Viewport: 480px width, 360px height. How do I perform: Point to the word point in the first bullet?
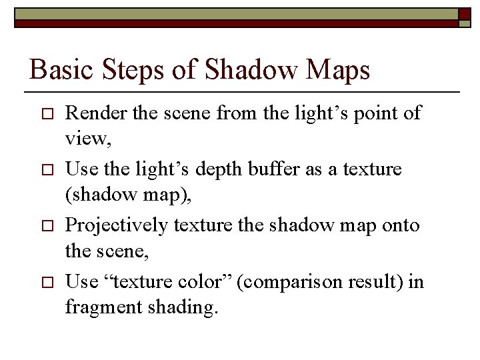point(369,113)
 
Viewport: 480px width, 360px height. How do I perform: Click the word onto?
point(401,225)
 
